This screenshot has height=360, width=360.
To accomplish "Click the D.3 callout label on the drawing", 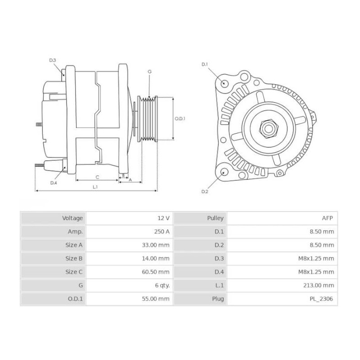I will click(x=52, y=60).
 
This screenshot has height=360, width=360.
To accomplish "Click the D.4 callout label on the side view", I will click(x=54, y=183).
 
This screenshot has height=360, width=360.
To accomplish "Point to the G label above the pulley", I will click(x=149, y=72).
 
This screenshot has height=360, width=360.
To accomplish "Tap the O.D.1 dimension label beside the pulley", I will click(x=180, y=119).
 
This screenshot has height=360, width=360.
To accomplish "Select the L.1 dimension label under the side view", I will click(x=95, y=186).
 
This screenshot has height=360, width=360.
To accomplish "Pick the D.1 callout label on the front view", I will click(x=205, y=64).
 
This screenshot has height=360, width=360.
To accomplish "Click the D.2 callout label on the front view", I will click(x=205, y=192).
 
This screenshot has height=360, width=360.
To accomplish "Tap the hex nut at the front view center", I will click(x=268, y=129).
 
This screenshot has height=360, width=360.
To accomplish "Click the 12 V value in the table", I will click(x=164, y=218).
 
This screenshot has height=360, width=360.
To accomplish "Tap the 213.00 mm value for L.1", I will click(x=319, y=285).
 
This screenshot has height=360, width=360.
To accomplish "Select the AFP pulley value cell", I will click(x=328, y=218).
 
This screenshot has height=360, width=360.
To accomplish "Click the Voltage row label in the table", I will click(x=72, y=218).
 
